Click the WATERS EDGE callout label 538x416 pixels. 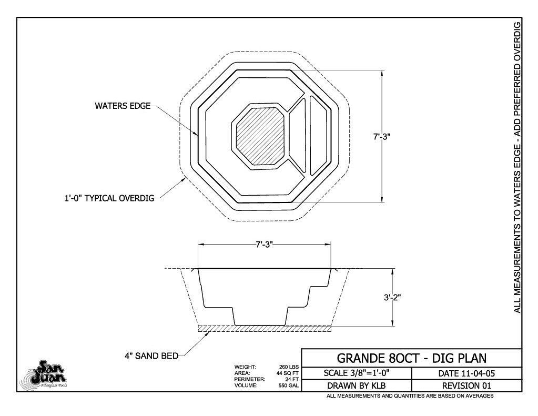point(123,105)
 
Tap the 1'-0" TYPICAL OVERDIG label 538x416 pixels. point(109,198)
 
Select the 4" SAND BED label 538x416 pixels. point(151,356)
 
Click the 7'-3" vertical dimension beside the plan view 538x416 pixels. point(382,137)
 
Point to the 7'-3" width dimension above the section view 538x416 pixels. point(264,245)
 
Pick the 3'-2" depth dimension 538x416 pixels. point(392,298)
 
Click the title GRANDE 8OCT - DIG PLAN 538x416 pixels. point(411,358)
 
